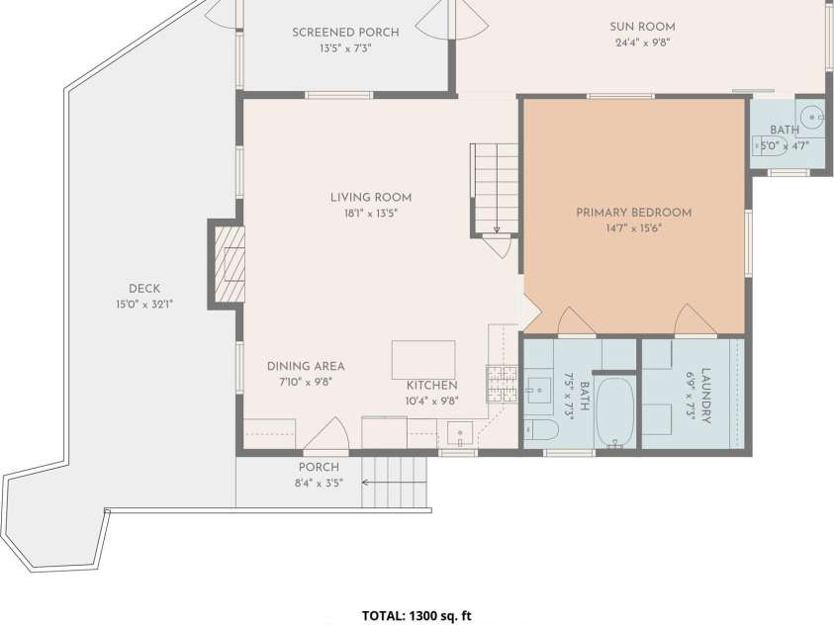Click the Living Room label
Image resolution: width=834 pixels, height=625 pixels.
pos(371,198)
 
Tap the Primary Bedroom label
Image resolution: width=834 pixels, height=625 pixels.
pos(634,213)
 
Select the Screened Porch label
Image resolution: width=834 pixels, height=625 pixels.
pos(345,33)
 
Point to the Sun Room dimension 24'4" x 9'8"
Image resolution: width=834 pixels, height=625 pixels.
pos(642,44)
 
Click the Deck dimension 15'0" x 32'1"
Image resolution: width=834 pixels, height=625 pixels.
pos(144,305)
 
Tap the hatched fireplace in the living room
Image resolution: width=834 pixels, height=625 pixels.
pos(230,264)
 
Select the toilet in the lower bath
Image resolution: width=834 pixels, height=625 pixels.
pos(541,430)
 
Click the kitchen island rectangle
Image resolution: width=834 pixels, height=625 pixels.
pos(423,360)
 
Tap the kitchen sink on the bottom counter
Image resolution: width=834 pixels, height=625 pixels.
pos(460,432)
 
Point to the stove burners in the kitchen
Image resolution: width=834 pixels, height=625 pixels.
pos(502,384)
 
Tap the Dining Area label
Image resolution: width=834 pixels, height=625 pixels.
pos(306,366)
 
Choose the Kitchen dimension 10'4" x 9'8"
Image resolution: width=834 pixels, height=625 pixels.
pos(432,402)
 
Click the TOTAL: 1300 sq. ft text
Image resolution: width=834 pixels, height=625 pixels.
pos(417,616)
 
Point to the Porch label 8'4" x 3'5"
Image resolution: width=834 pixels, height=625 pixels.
pos(320,475)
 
